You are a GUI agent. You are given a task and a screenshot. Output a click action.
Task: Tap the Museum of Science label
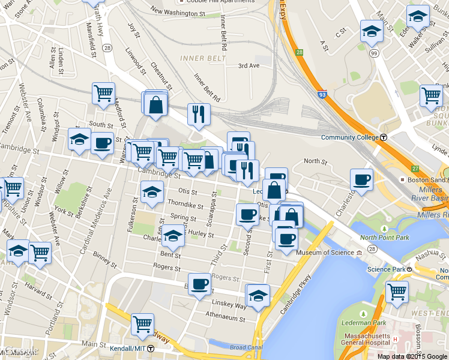point(326,253)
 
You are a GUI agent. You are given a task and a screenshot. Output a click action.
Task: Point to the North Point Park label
point(384,238)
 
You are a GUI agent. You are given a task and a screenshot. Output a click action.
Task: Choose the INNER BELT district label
point(203,58)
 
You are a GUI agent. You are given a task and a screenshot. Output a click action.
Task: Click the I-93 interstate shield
point(322,94)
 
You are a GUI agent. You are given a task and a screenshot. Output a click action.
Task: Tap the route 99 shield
point(374,53)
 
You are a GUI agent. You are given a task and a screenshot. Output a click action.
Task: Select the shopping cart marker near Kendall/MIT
point(142,325)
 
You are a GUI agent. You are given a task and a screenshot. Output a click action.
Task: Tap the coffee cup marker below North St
point(361,180)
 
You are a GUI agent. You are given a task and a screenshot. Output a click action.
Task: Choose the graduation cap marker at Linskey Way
point(258,295)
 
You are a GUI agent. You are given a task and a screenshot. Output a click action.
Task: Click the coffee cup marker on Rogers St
point(199,284)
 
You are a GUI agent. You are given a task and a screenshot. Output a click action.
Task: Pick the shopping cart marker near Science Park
point(397,292)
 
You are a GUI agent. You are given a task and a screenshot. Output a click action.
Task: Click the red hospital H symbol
point(395,340)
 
